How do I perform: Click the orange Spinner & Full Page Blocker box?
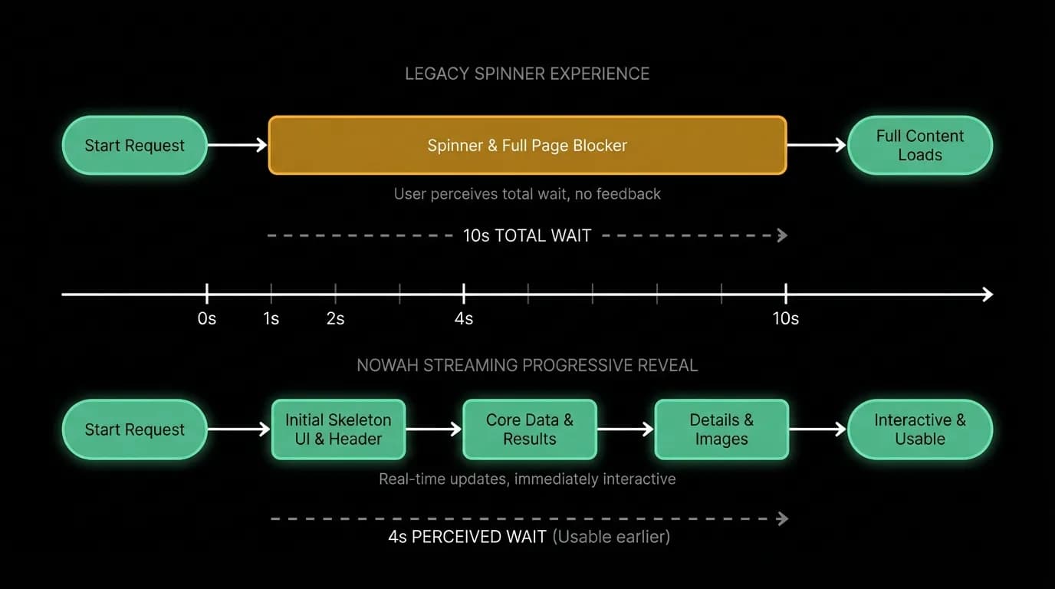[527, 145]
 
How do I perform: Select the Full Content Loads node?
[920, 145]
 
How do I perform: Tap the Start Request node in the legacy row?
[135, 145]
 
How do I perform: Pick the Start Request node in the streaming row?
[135, 429]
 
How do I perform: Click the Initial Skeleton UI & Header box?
[338, 429]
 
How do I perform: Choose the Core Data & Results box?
[530, 429]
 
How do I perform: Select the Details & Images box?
[721, 429]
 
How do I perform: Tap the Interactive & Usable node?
[920, 429]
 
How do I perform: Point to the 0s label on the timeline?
[207, 319]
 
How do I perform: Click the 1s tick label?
[271, 319]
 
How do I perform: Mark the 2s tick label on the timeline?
[335, 319]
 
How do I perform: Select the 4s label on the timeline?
[463, 319]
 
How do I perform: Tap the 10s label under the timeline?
[786, 319]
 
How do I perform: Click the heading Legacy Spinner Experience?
[527, 74]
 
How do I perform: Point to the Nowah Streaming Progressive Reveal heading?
[527, 366]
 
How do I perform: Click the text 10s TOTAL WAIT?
[527, 235]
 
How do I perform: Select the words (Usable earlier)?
[611, 537]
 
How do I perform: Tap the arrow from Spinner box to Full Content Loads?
[817, 145]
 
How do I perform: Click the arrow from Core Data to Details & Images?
[626, 429]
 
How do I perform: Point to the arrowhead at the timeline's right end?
[988, 294]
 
